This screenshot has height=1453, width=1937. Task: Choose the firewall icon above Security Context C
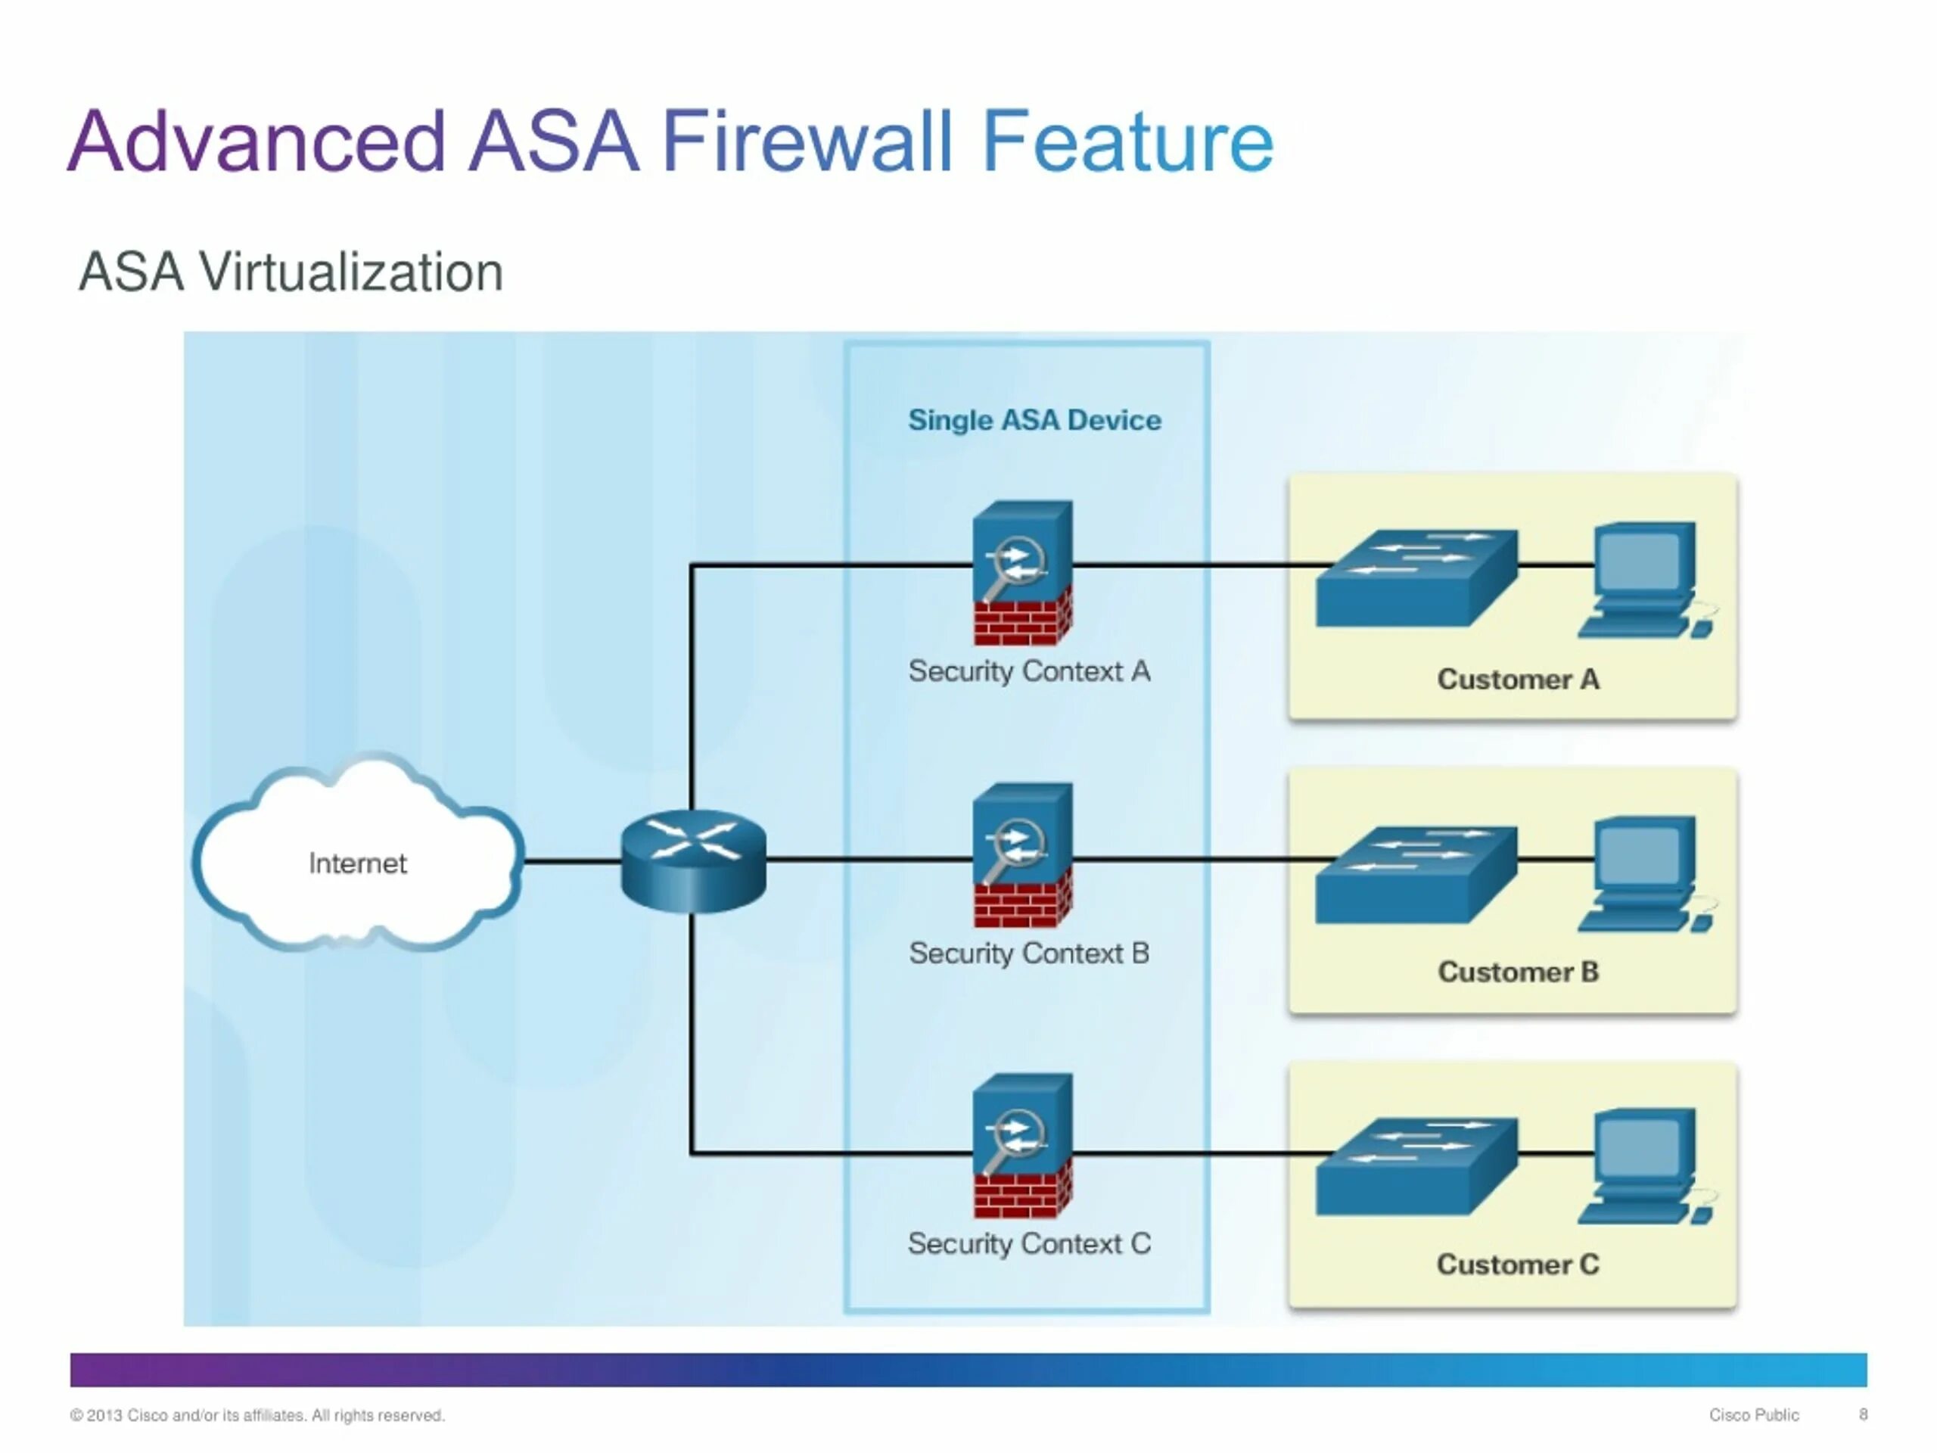tap(1022, 1145)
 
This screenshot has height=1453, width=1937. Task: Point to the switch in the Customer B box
tap(1416, 873)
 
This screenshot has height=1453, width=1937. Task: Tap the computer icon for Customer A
tap(1643, 580)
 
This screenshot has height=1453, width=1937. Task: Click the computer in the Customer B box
tap(1643, 873)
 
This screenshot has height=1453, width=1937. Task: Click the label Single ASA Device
tap(1034, 421)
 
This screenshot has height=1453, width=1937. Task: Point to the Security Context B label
tap(1029, 953)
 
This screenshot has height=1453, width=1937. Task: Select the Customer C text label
tap(1518, 1264)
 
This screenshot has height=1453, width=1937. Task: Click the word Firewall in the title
tap(806, 142)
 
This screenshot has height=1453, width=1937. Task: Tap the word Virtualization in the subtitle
tap(351, 272)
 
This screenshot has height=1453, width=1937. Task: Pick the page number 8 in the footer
tap(1864, 1414)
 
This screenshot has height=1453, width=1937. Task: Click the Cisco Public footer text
tap(1753, 1414)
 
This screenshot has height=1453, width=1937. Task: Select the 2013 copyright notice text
tap(257, 1415)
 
